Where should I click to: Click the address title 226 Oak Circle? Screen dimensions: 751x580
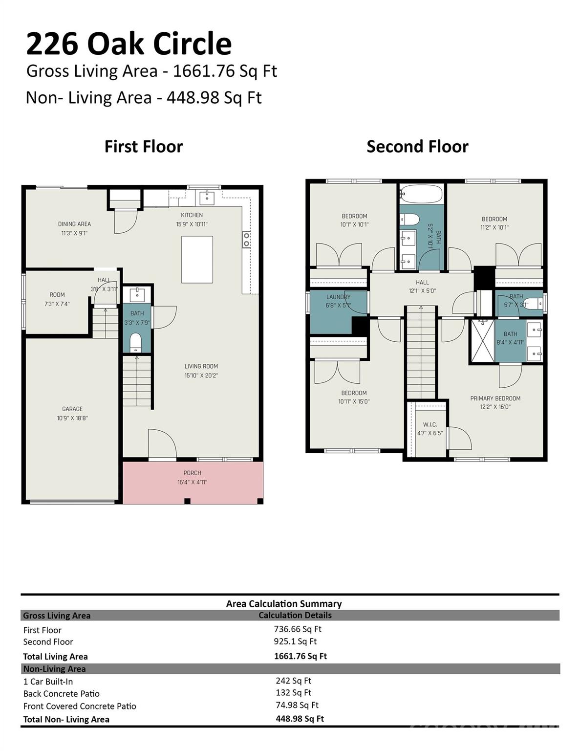(x=129, y=44)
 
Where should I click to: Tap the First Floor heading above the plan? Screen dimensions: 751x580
(x=144, y=147)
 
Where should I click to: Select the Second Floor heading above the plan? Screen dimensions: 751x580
(x=417, y=147)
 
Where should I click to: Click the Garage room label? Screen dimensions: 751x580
(x=72, y=409)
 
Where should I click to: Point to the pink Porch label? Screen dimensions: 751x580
(x=192, y=473)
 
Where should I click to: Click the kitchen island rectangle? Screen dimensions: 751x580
(x=197, y=259)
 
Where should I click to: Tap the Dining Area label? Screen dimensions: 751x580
(x=74, y=224)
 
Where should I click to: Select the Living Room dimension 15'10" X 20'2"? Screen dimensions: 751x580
(x=201, y=375)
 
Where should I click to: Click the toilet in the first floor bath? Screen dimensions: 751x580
(x=136, y=342)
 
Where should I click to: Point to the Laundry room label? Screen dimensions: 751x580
(x=338, y=297)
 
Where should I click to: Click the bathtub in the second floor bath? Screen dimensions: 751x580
(x=421, y=194)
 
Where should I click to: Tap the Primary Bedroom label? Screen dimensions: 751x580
(x=495, y=398)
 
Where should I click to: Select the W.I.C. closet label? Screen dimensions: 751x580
(x=430, y=424)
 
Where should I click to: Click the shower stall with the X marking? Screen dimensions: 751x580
(x=482, y=340)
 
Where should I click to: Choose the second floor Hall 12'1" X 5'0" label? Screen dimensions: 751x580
(x=422, y=287)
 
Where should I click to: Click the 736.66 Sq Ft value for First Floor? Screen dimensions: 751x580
(x=297, y=629)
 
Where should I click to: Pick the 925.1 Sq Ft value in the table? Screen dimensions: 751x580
(x=295, y=641)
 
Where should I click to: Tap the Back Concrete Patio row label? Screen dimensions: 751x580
(x=62, y=694)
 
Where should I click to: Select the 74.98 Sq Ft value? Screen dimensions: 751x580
(x=297, y=705)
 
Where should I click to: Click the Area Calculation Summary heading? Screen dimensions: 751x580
(x=284, y=604)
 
